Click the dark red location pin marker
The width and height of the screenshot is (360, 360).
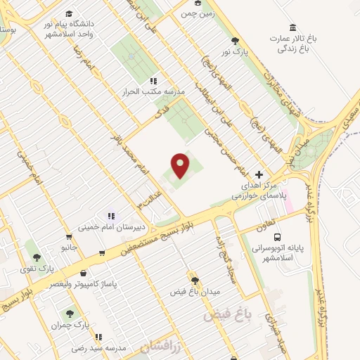pos(181,166)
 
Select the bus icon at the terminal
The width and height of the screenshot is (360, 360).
pos(277,238)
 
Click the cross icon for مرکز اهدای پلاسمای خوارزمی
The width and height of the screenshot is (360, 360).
pos(259,174)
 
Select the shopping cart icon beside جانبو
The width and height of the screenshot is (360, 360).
pos(68,237)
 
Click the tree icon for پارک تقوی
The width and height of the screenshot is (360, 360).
pos(36,257)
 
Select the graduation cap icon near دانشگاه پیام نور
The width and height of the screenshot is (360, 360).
pos(68,13)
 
